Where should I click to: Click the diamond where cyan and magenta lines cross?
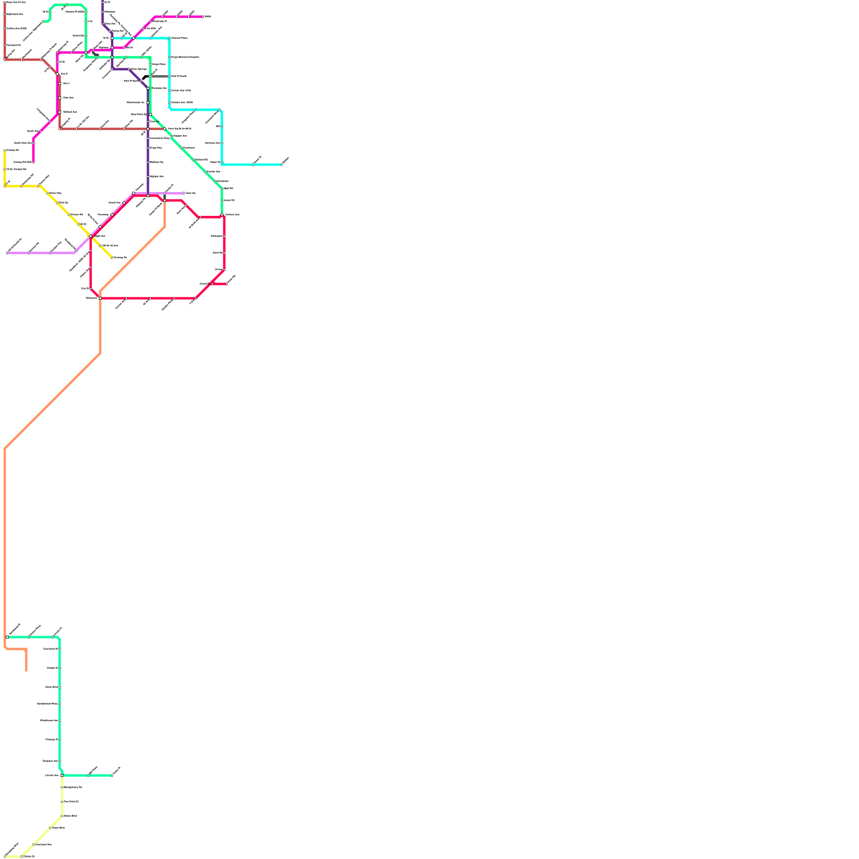(134, 38)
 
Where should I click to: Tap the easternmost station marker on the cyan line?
(281, 165)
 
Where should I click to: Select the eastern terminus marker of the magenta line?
(203, 17)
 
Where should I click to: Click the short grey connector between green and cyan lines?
(158, 76)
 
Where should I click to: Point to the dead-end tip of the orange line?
(26, 670)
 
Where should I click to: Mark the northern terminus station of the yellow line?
(5, 150)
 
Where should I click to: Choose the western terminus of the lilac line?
(8, 253)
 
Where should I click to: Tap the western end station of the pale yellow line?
(5, 856)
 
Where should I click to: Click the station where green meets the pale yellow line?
(62, 775)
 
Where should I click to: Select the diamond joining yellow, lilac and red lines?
(91, 236)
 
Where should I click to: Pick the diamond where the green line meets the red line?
(222, 215)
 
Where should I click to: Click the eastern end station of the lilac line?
(184, 193)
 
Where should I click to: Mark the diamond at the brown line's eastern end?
(165, 129)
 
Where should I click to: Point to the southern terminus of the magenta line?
(33, 162)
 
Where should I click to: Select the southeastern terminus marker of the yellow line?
(112, 258)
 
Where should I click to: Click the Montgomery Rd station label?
(73, 787)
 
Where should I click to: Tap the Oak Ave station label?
(68, 98)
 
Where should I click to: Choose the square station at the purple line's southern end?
(148, 195)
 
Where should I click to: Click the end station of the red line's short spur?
(227, 284)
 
